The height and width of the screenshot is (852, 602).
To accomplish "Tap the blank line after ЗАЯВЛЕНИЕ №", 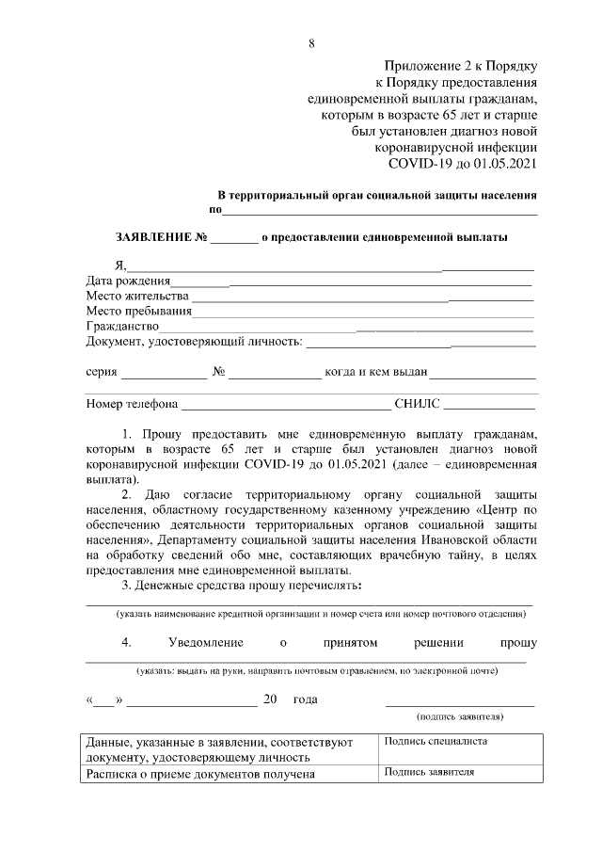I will [233, 239].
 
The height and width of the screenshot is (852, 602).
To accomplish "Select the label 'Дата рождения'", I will [128, 281].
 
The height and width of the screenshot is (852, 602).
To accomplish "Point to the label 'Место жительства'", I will [136, 296].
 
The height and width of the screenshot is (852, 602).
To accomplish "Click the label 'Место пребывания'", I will [138, 311].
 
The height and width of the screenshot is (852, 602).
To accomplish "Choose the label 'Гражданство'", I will [123, 326].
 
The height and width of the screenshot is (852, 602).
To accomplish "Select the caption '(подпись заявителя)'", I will [460, 716].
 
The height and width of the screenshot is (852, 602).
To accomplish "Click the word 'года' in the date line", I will [305, 699].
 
